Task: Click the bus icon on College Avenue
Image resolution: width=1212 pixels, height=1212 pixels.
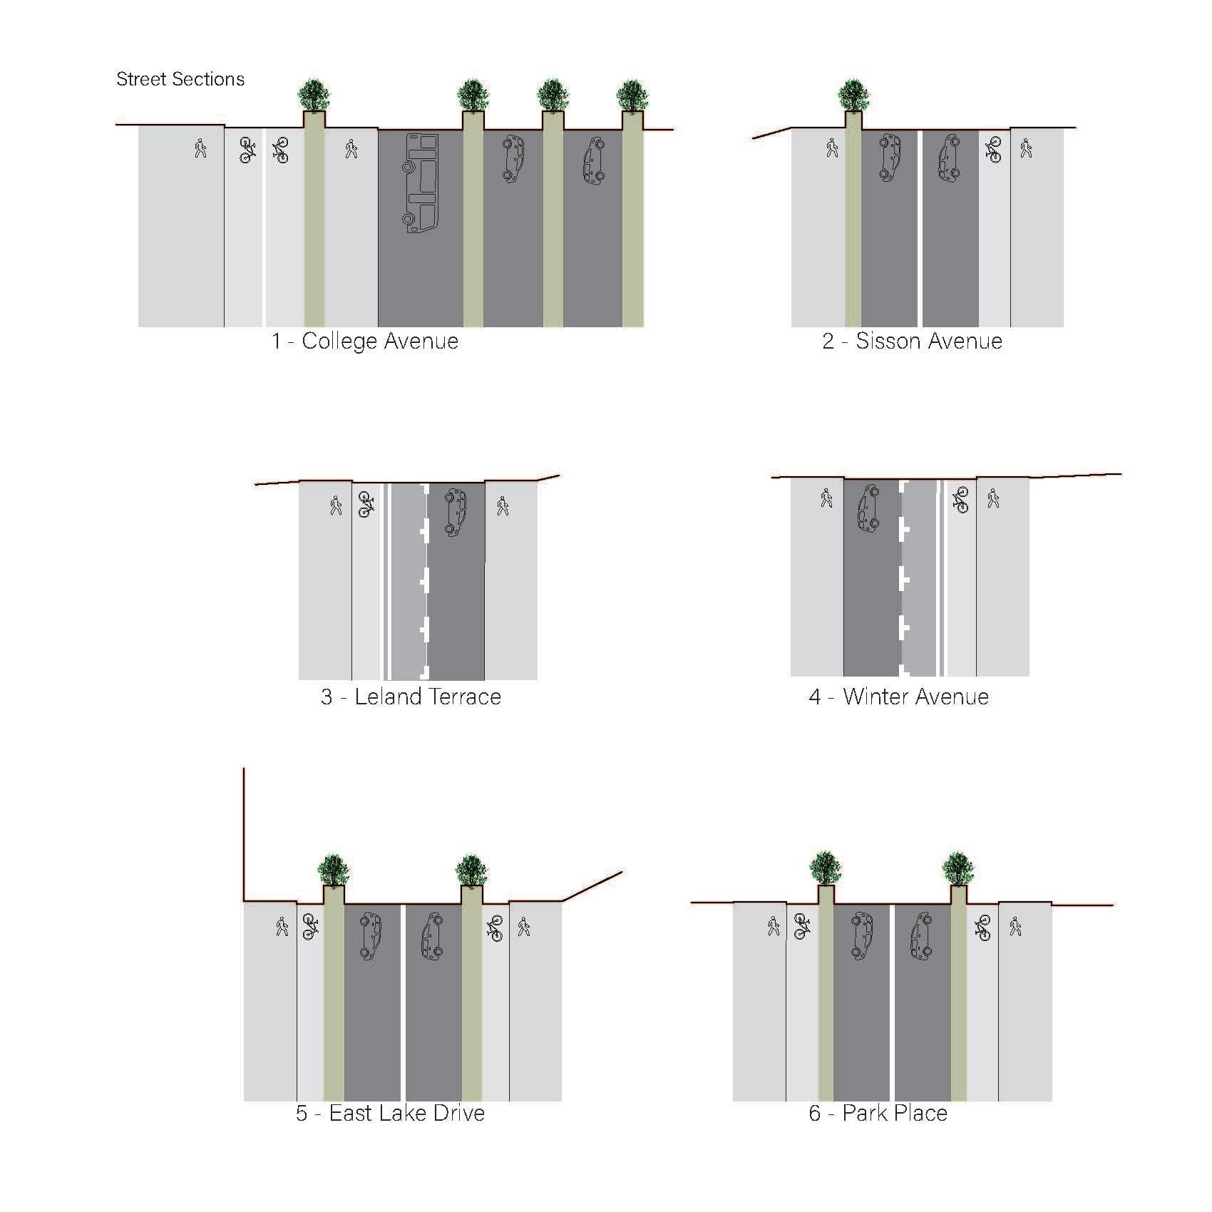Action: pos(421,183)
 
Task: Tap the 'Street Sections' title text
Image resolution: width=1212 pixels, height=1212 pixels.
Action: pos(180,79)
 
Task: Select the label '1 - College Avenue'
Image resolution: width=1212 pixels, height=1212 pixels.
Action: pos(365,341)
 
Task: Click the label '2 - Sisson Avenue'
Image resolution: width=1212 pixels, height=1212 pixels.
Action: pos(912,341)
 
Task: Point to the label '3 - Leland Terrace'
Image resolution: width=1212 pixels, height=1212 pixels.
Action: pos(411,697)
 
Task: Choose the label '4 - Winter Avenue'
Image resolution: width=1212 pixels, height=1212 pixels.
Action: pos(898,697)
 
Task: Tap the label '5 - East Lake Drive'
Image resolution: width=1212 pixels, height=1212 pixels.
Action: pos(390,1113)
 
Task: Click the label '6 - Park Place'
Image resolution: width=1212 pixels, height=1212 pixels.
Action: pos(878,1113)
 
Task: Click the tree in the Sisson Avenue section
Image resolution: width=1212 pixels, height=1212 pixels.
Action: pos(853,94)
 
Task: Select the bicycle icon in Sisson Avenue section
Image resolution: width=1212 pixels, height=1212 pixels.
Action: pos(993,150)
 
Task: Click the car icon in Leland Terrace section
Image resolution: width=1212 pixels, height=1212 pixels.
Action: pos(455,512)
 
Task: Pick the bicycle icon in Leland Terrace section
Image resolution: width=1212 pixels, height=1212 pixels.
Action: pos(366,504)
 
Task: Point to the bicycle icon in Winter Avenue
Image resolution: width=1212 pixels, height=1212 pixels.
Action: pos(960,500)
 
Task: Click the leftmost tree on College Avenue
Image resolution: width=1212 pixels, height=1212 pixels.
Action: pos(314,94)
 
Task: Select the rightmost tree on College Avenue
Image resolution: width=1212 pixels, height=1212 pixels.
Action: pos(632,94)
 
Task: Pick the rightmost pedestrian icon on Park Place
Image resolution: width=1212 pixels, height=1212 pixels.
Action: pos(1015,927)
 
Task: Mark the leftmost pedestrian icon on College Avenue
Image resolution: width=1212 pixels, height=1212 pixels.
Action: pos(200,148)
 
